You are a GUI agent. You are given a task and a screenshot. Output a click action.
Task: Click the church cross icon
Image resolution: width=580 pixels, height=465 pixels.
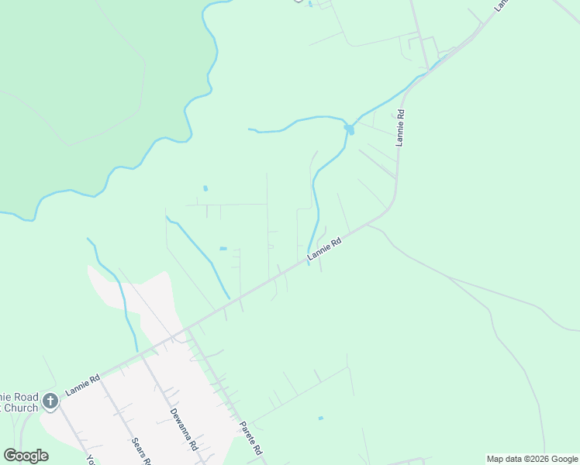[x=50, y=401]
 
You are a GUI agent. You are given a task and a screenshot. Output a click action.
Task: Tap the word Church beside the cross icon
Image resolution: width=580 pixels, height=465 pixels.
[x=21, y=408]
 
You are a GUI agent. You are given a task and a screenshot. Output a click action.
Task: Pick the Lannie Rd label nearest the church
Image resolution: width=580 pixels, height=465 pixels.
[x=83, y=385]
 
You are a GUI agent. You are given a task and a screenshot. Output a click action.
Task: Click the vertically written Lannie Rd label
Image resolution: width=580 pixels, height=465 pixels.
[x=400, y=127]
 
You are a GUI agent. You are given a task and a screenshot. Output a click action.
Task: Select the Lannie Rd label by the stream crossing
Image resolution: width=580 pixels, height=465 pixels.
[x=325, y=250]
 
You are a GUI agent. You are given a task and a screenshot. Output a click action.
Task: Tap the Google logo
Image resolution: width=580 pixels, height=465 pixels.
[x=26, y=456]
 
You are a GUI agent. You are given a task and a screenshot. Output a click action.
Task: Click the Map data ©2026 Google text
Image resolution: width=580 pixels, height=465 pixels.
[x=532, y=460]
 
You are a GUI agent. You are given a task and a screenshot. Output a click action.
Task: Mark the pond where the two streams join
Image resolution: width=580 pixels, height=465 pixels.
[x=350, y=129]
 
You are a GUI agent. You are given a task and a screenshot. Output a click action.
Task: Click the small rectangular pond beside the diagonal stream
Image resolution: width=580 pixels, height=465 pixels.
[x=223, y=249]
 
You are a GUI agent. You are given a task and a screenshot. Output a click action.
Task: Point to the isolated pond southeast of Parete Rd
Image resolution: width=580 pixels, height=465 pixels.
[x=320, y=418]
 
